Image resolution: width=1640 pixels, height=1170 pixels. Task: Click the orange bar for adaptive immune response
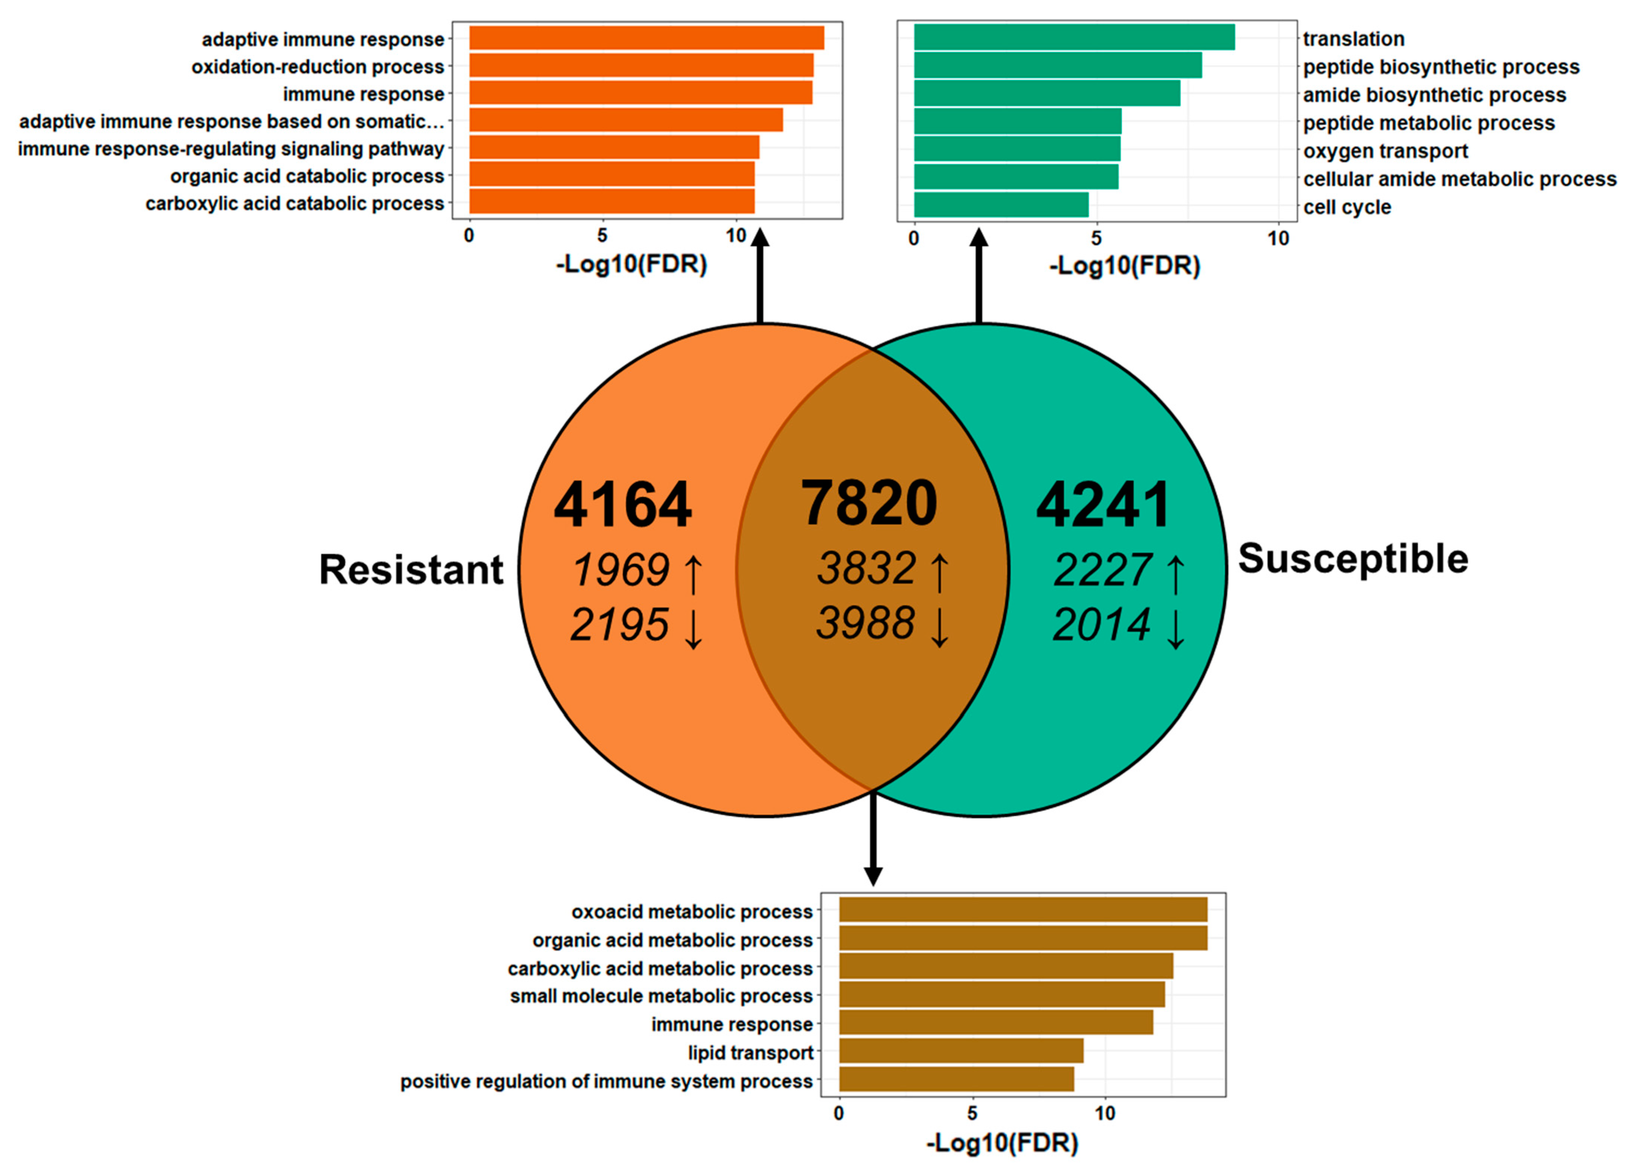[x=647, y=38]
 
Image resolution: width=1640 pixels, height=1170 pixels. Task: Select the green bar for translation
[x=1074, y=37]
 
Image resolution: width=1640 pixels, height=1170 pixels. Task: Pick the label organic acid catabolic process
[x=307, y=176]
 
